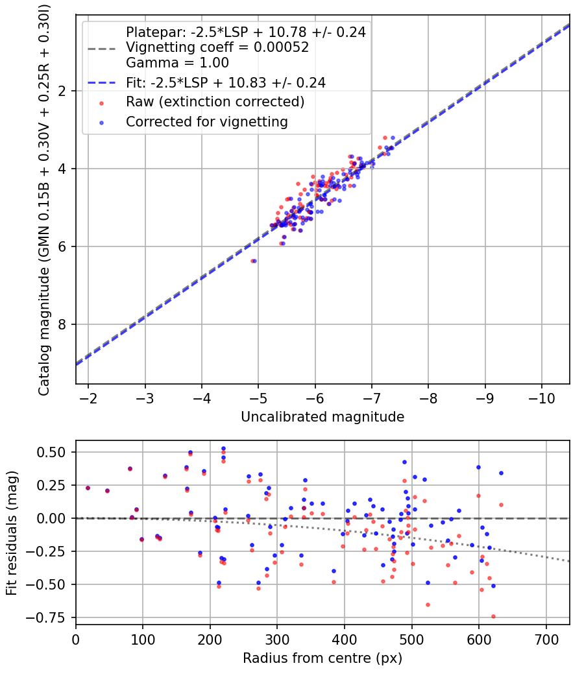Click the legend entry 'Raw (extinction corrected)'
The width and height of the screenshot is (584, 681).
click(x=215, y=102)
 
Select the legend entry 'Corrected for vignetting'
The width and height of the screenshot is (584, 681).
click(x=207, y=121)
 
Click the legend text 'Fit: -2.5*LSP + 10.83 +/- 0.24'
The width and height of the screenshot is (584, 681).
click(x=226, y=82)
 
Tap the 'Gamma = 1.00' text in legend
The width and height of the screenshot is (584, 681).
click(x=177, y=63)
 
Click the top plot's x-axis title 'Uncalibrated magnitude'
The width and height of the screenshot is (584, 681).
click(x=322, y=416)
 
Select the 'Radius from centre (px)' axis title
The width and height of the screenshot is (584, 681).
click(x=322, y=658)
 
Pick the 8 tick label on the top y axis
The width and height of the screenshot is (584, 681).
click(x=64, y=324)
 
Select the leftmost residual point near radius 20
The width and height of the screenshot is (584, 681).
click(x=88, y=488)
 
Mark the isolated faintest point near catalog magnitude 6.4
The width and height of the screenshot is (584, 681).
click(x=253, y=261)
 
